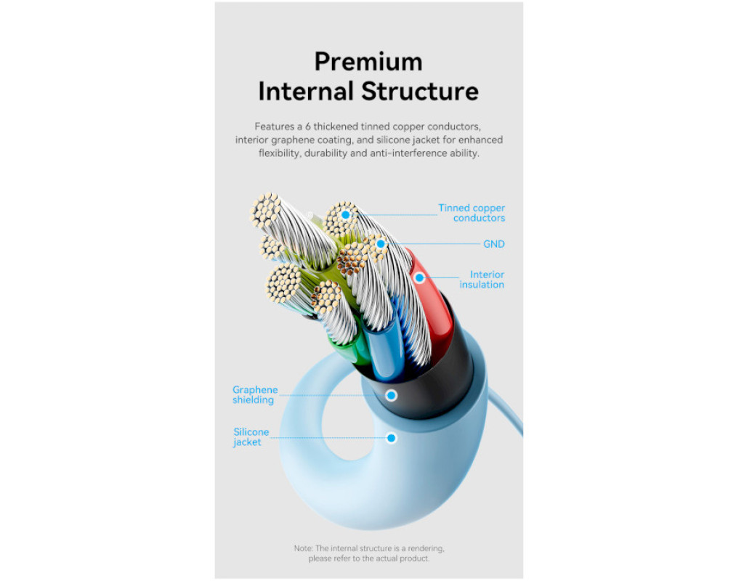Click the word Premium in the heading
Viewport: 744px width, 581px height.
coord(368,62)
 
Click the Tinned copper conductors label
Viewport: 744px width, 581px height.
coord(472,213)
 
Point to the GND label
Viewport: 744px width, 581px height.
coord(493,244)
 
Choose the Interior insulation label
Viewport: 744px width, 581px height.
coord(483,280)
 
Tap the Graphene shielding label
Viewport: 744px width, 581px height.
coord(254,395)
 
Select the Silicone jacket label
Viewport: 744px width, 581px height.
coord(251,436)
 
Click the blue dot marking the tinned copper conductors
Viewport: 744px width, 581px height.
coord(346,215)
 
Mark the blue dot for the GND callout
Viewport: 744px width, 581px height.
coord(380,244)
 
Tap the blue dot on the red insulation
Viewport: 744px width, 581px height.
coord(419,277)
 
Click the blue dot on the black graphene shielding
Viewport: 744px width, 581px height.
coord(391,395)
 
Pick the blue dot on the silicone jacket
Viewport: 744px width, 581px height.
coord(391,438)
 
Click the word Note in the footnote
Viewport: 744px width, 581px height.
coord(303,548)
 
